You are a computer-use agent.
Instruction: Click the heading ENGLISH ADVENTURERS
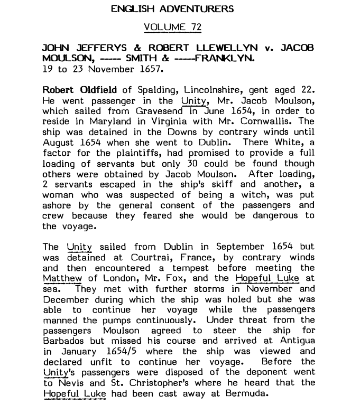[x=172, y=9]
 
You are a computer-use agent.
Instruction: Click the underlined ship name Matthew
[x=62, y=278]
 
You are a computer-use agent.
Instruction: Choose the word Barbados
[x=66, y=341]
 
